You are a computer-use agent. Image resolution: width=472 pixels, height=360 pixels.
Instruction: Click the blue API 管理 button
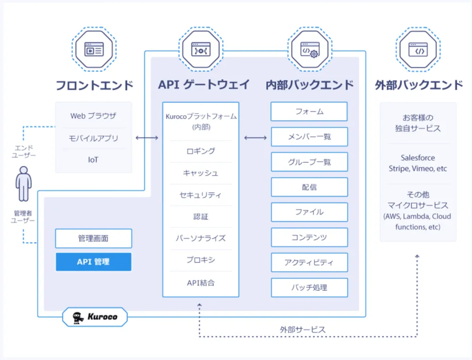93,262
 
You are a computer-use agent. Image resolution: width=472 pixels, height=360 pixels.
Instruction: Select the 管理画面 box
93,239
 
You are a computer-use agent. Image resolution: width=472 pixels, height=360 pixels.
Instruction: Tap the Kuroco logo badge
95,317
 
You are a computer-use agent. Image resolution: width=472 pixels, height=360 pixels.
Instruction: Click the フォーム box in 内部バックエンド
309,112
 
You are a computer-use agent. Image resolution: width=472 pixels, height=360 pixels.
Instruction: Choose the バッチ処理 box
309,287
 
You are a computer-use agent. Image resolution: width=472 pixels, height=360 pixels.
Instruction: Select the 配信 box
309,187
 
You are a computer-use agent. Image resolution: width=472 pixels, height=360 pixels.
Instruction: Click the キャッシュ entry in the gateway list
201,173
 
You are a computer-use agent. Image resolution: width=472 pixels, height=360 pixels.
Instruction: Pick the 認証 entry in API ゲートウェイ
201,217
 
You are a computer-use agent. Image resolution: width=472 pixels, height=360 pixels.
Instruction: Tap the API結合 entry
201,283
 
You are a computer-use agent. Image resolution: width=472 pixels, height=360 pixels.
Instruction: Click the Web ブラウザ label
93,116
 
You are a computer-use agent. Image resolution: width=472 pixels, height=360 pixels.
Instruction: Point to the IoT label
93,160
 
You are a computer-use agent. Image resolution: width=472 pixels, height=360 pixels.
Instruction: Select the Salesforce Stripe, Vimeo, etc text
418,163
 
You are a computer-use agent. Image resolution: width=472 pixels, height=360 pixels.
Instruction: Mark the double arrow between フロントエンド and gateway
147,138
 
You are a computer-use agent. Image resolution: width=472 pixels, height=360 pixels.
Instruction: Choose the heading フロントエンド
94,85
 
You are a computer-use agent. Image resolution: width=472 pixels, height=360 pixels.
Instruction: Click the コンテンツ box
309,237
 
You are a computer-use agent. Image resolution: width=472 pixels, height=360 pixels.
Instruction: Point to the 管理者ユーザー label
24,217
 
